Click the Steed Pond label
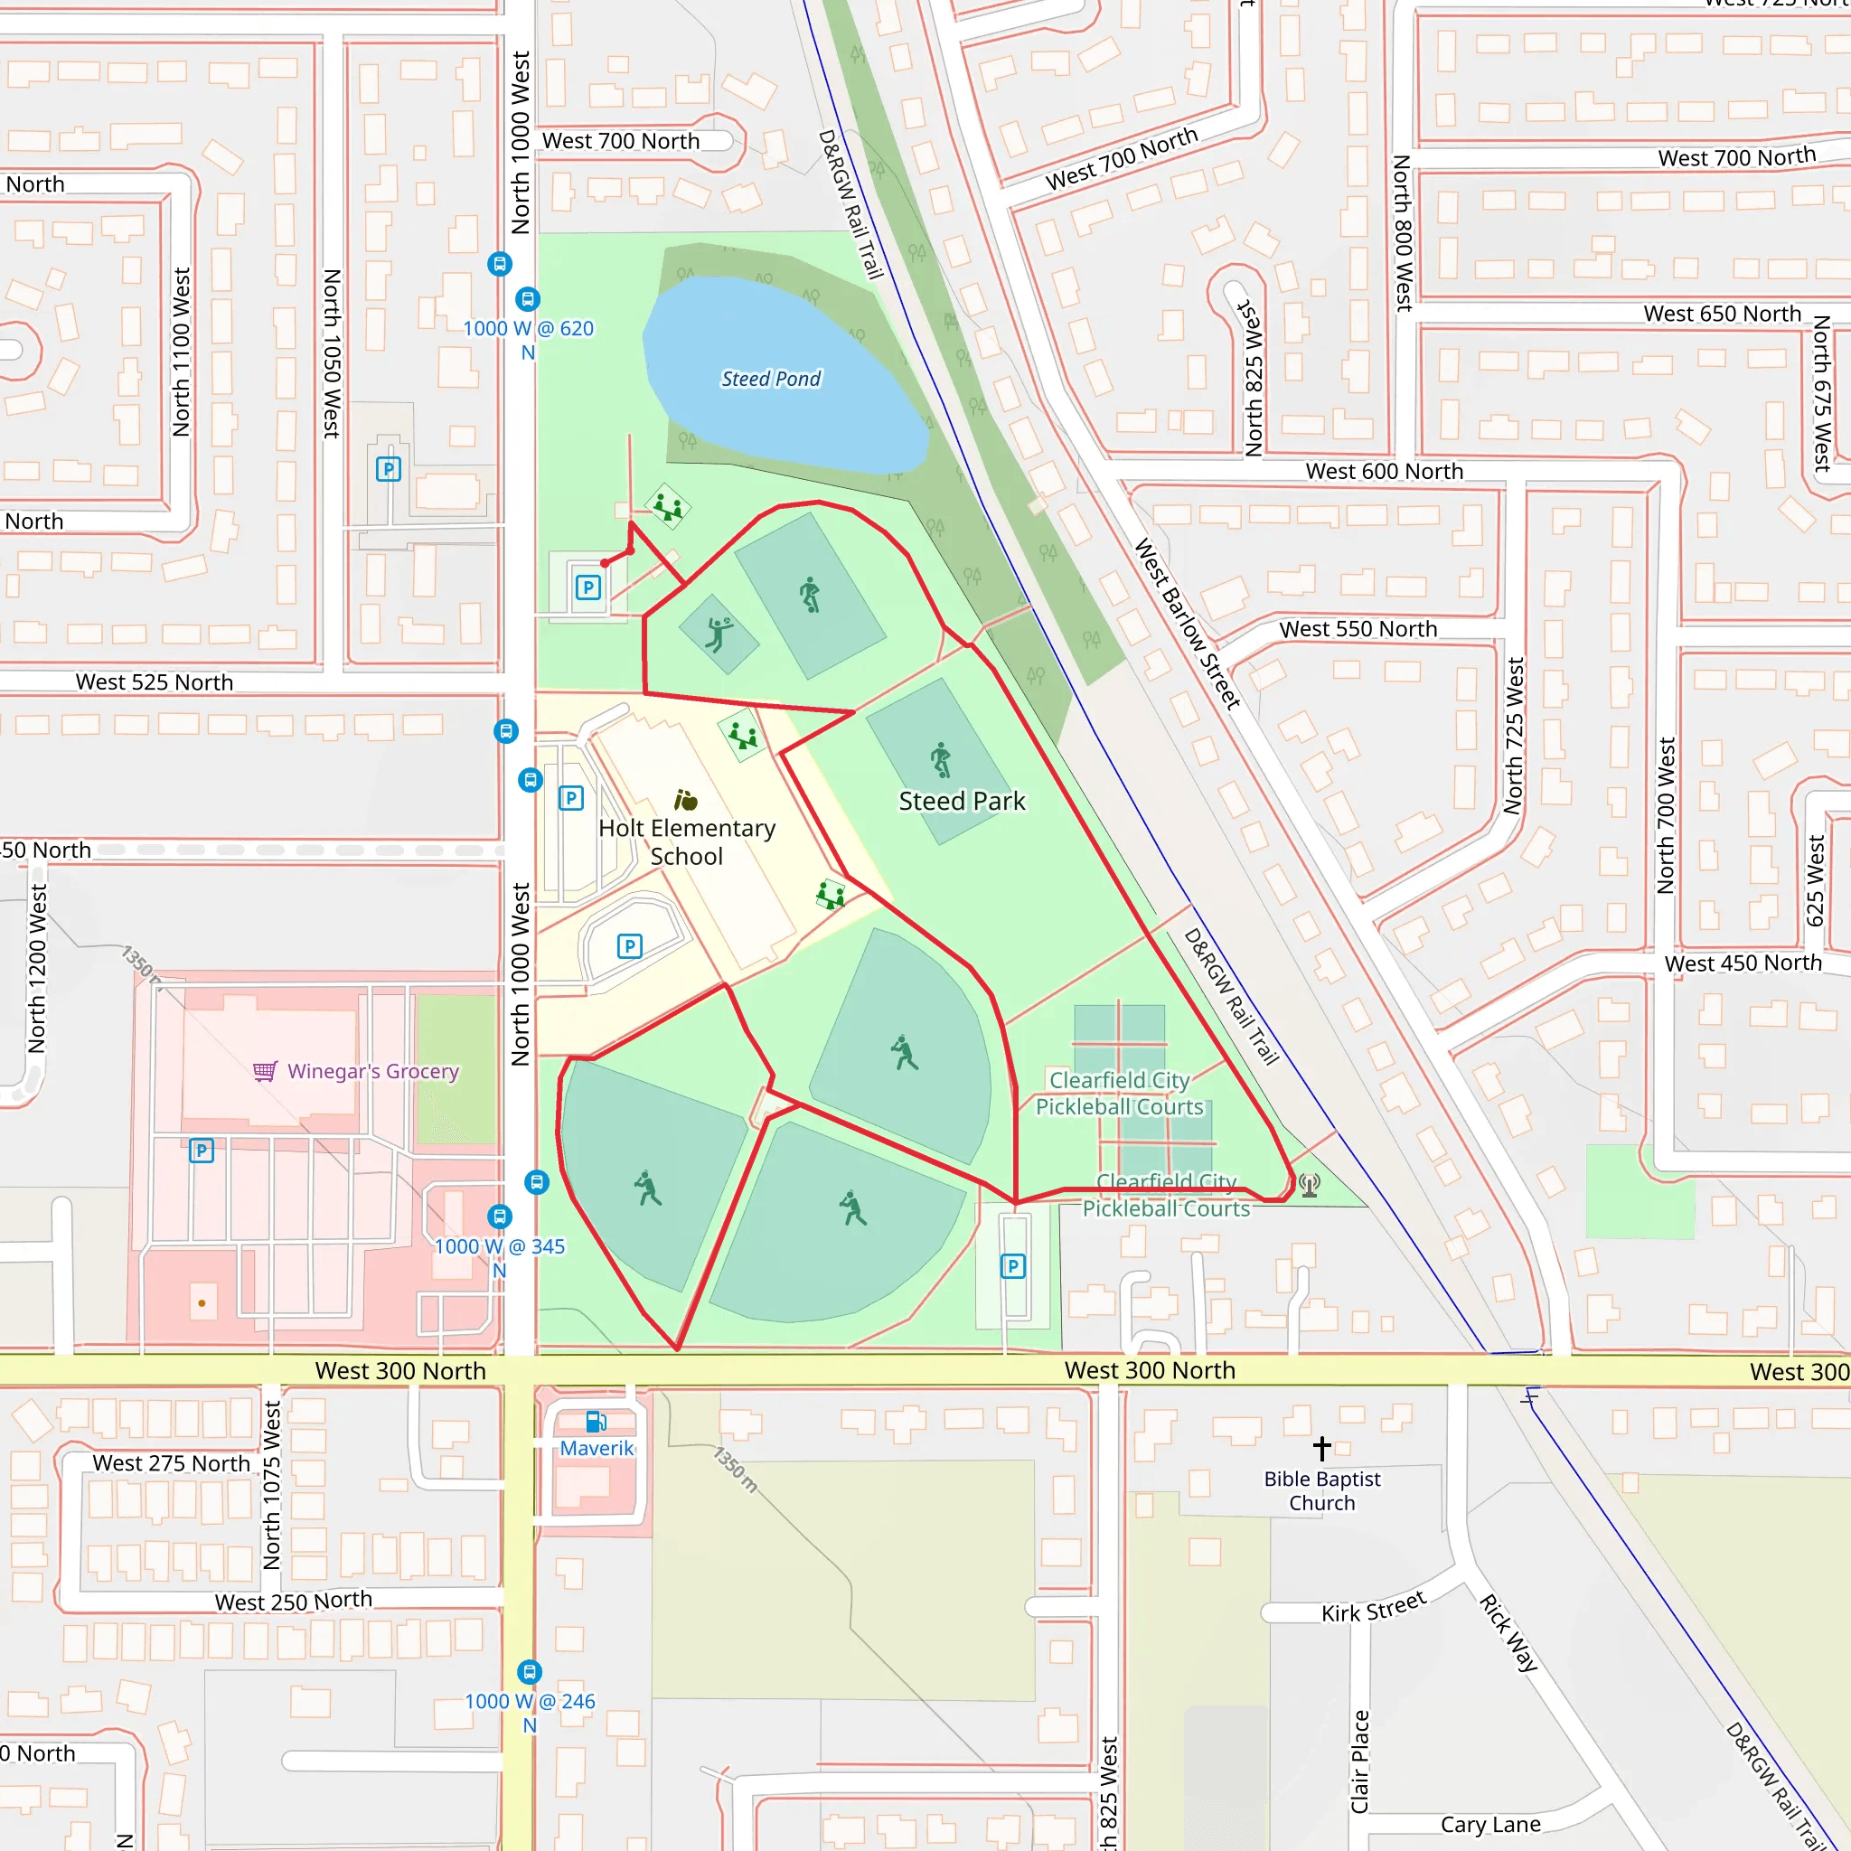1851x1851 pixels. coord(770,379)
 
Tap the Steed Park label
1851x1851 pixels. coord(961,801)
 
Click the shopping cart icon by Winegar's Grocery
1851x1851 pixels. coord(266,1070)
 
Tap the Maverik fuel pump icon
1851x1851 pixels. coord(595,1421)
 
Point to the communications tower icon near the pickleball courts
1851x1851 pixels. coord(1309,1185)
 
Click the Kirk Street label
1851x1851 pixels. coord(1373,1607)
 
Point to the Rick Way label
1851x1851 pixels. coord(1508,1632)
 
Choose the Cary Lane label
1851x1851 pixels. coord(1489,1824)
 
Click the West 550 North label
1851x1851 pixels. coord(1358,628)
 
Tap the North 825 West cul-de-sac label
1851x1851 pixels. coord(1251,378)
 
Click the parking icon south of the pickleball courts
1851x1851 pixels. coord(1012,1266)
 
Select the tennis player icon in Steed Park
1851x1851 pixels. coord(719,634)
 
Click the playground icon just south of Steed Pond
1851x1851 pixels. coord(668,507)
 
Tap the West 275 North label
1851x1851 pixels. coord(171,1463)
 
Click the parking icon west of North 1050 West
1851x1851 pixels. coord(388,468)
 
